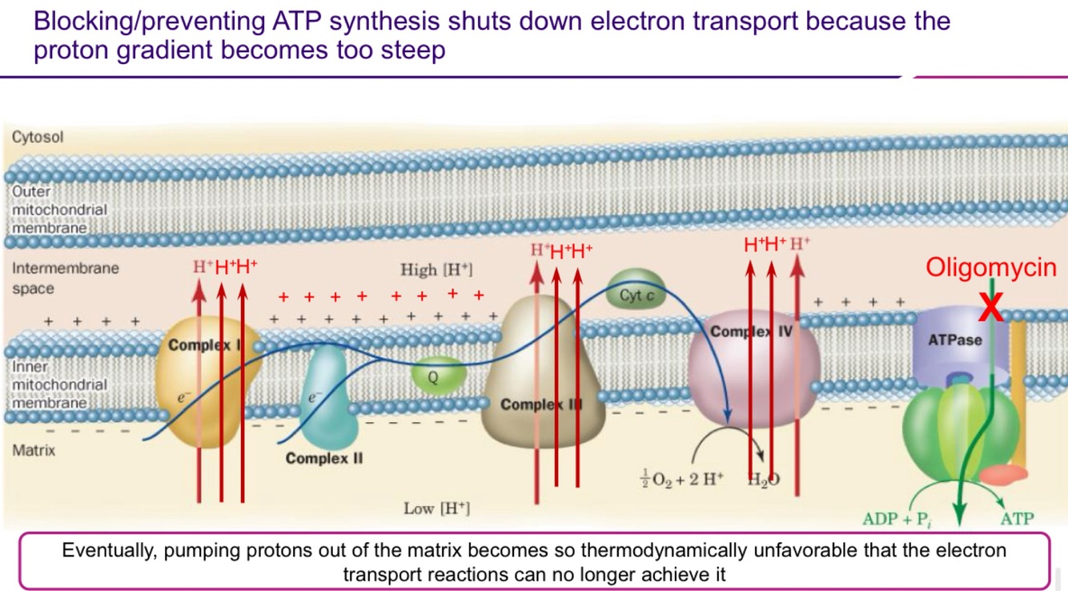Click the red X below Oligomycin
(992, 305)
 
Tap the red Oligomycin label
(991, 267)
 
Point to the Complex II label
(323, 459)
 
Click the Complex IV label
(751, 331)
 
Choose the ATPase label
(954, 340)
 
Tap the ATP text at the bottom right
(1017, 519)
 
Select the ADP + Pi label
(897, 519)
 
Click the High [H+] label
(436, 270)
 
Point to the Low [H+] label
(436, 509)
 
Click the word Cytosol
(38, 137)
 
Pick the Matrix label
(34, 450)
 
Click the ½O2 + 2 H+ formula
(683, 480)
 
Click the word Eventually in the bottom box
(109, 551)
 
